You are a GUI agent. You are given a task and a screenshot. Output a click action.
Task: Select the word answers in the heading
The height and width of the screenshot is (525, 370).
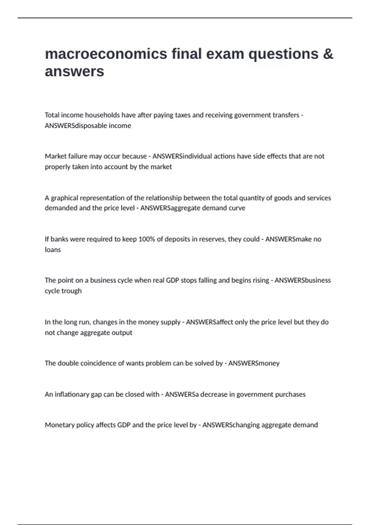point(74,71)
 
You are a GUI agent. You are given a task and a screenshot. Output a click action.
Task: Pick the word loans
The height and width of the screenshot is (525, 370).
point(53,250)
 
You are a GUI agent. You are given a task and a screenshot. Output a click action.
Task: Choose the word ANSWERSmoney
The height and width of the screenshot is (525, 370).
point(254,363)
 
